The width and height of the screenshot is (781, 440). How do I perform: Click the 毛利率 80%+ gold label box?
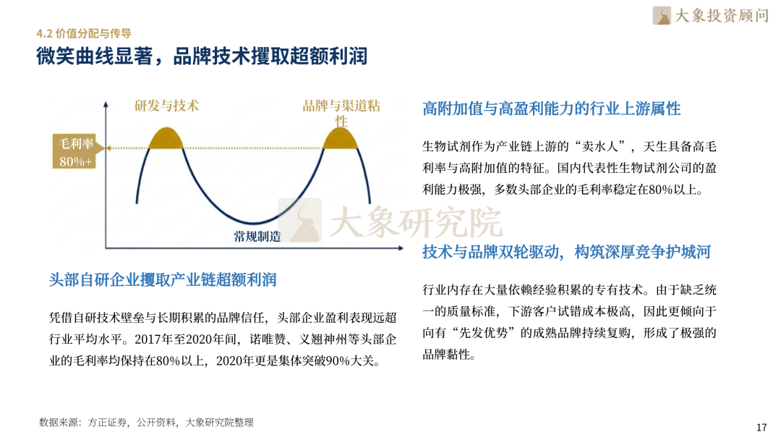click(x=74, y=151)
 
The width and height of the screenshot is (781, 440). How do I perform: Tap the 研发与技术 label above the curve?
click(x=166, y=106)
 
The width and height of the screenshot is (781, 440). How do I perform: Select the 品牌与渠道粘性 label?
click(x=341, y=113)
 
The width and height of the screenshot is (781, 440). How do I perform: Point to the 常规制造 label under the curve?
click(x=257, y=236)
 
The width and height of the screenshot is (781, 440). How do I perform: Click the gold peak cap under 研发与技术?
click(x=166, y=140)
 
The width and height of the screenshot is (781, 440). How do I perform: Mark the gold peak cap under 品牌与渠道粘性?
click(x=340, y=140)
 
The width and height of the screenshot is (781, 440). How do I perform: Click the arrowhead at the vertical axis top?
click(x=106, y=104)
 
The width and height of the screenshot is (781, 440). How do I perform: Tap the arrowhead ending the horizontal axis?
click(x=401, y=247)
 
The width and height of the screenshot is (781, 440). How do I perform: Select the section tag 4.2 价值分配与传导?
click(x=84, y=33)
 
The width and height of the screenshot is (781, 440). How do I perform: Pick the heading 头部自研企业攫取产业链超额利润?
click(x=163, y=280)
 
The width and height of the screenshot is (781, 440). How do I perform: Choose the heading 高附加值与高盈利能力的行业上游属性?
click(x=551, y=109)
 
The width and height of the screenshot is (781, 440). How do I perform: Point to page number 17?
click(x=761, y=427)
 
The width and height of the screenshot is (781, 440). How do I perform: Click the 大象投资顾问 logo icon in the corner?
click(x=662, y=15)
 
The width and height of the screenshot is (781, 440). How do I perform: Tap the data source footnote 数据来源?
click(x=146, y=423)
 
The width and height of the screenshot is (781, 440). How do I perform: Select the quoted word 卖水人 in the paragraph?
click(x=600, y=146)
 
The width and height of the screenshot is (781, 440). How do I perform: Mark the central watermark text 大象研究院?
click(x=417, y=222)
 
